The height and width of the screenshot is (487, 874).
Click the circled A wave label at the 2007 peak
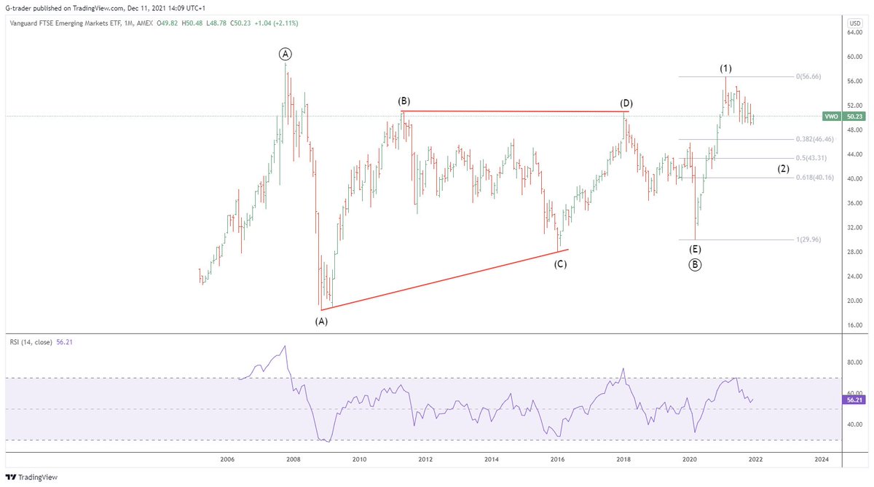(x=286, y=54)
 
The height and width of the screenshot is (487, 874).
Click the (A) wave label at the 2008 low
(x=321, y=320)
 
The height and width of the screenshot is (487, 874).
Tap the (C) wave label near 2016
(x=560, y=264)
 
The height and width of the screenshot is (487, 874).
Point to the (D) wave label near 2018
(x=626, y=103)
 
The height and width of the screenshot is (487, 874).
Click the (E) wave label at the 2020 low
(x=695, y=250)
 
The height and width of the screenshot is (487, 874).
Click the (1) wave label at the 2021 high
(x=725, y=68)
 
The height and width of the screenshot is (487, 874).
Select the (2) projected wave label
(x=783, y=169)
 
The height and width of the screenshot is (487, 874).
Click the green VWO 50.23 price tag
(x=843, y=116)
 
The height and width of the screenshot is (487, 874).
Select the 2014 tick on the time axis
(x=492, y=459)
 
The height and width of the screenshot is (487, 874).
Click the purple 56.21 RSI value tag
(x=854, y=399)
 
